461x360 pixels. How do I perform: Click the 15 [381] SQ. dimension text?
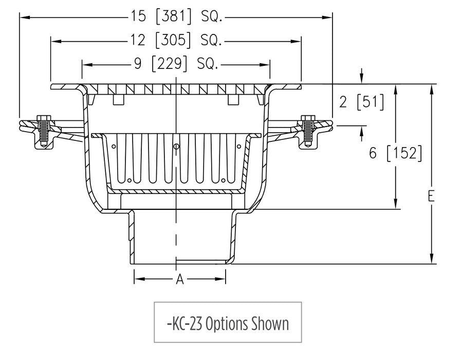point(176,17)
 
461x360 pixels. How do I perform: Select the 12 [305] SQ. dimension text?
point(176,40)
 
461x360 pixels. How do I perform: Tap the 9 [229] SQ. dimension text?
point(176,64)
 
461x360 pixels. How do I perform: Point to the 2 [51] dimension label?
point(361,102)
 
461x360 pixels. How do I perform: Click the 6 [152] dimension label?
point(396,153)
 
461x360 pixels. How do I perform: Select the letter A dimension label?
point(180,279)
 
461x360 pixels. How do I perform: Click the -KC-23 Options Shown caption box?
point(228,322)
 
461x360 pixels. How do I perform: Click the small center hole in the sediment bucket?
point(176,147)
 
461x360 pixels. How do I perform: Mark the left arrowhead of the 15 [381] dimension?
point(24,17)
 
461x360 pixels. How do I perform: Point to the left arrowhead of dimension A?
point(138,279)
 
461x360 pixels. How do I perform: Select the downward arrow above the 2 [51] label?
point(362,79)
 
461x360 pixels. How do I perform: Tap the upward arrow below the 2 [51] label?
point(362,131)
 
